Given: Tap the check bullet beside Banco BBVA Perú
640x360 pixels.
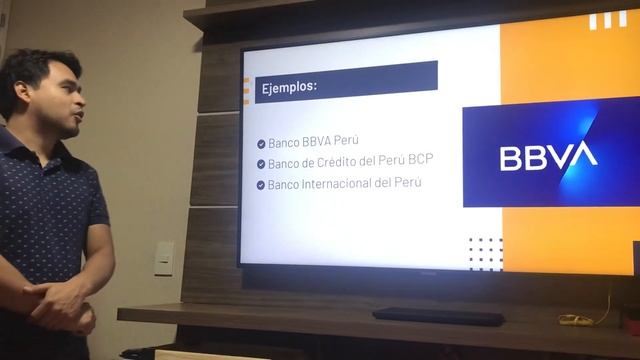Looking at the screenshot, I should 261,144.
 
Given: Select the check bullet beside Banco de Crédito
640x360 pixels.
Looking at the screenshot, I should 261,164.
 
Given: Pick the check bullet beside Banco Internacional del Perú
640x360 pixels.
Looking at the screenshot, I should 261,185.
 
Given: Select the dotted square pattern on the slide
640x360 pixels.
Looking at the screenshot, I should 485,253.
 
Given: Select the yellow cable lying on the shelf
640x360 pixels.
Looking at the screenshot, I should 577,319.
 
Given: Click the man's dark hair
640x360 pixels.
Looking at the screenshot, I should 35,70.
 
